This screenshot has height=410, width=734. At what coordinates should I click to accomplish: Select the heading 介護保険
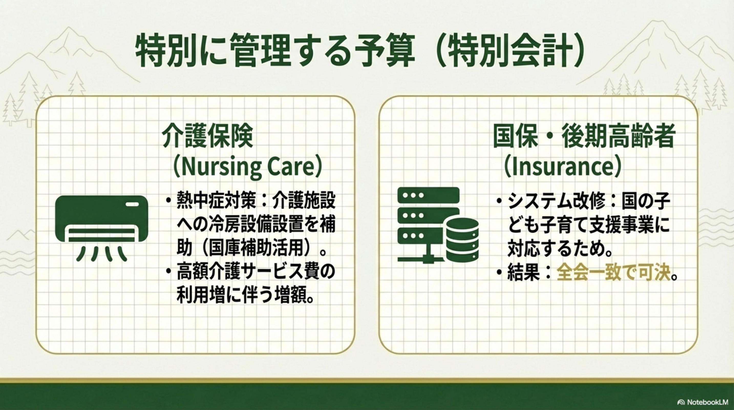[x=207, y=136]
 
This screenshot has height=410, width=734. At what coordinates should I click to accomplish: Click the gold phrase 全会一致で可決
[x=613, y=273]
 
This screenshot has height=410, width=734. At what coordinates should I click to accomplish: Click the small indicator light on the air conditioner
[x=133, y=204]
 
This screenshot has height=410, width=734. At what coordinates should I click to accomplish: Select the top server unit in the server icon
[x=428, y=196]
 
